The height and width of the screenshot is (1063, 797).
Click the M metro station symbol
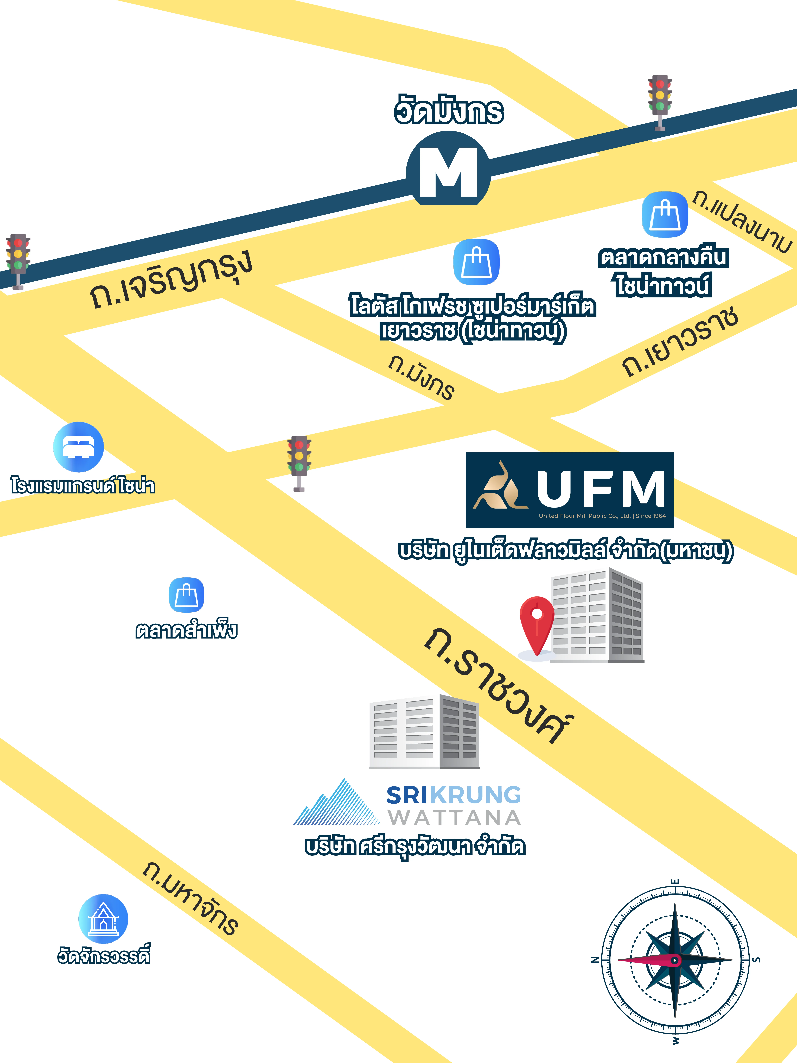click(448, 172)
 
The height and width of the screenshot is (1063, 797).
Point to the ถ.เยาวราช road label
click(680, 341)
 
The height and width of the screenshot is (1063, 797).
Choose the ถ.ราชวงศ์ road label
click(500, 685)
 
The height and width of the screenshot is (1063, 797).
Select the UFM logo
click(570, 490)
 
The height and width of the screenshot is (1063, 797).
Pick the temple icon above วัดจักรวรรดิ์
click(103, 919)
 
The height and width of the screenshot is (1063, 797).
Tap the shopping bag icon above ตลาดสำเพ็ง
click(186, 595)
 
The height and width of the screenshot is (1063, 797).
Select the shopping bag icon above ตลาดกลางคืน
click(665, 215)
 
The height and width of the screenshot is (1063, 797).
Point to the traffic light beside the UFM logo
click(299, 462)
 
